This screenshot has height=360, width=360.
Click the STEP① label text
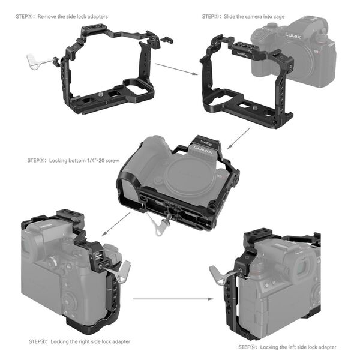click(25, 17)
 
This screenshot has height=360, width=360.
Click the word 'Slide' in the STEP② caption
click(231, 17)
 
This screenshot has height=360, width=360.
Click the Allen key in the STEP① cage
click(38, 61)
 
